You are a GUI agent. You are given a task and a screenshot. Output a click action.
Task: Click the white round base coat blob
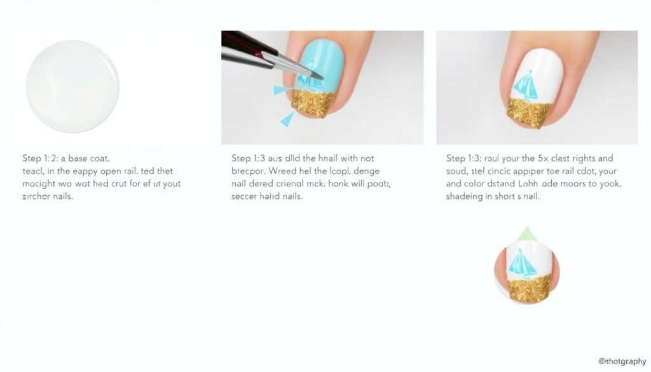coord(72,86)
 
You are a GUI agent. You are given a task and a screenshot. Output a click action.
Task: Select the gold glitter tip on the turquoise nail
coord(312,103)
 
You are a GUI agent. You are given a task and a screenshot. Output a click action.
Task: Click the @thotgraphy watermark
coord(622,361)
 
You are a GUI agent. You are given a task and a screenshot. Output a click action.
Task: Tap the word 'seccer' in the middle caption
coord(245,196)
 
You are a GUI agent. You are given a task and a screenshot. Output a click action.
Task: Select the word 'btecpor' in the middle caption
coord(249,171)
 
